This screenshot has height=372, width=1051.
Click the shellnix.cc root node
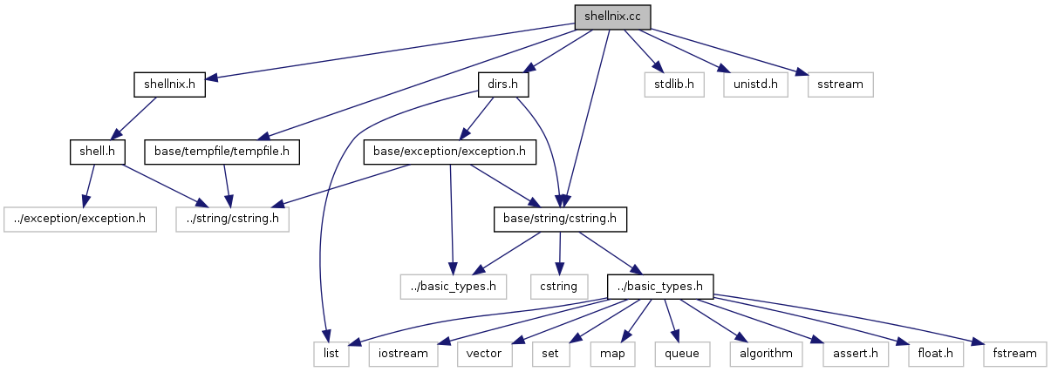coord(612,17)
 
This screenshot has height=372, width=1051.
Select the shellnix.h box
coord(169,85)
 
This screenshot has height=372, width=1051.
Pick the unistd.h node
coord(754,85)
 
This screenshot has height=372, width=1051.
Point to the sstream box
coord(840,85)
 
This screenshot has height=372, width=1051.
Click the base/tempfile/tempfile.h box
coord(227,152)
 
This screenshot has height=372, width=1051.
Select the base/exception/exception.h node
coord(448,152)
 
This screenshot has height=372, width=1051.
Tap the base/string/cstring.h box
coord(560,219)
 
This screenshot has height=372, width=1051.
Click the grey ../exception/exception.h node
coord(78,219)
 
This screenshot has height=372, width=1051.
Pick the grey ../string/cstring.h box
coord(231,219)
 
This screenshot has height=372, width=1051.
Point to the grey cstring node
coord(558,286)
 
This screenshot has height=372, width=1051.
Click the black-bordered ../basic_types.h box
coord(661,286)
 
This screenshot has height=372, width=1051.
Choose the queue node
coord(681,354)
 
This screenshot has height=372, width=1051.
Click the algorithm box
coord(766,354)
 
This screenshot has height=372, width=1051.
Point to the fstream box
coord(1014,354)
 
